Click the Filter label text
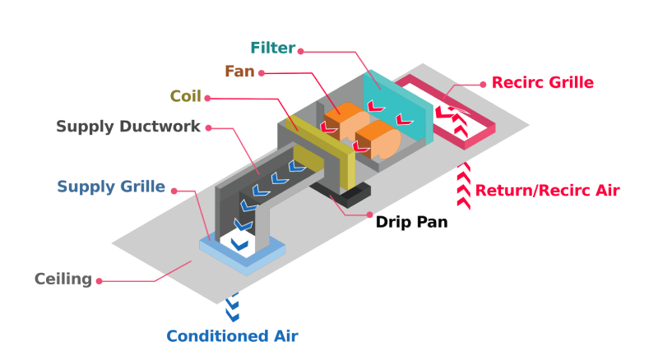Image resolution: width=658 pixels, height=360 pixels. [271, 48]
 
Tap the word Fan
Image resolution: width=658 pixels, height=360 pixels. [239, 72]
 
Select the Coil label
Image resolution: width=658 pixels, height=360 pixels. [186, 97]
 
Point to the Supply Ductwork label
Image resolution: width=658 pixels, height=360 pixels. [128, 127]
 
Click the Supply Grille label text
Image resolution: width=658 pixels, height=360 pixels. [111, 186]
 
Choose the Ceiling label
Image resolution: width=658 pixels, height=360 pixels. [63, 279]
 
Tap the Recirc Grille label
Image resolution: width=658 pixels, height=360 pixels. [542, 82]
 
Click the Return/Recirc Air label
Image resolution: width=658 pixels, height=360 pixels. [547, 191]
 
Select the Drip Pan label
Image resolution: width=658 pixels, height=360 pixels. [411, 222]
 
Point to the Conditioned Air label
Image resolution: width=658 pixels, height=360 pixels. [232, 335]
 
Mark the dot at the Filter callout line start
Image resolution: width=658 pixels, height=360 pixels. [301, 51]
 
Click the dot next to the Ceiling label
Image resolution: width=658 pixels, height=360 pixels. [100, 281]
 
